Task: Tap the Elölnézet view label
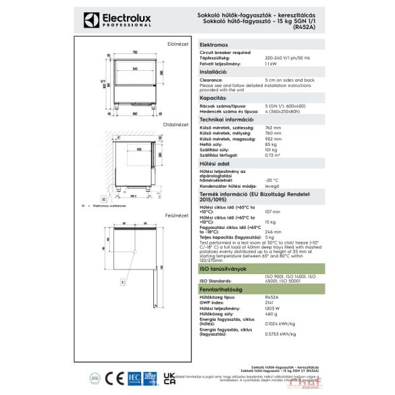tap(178, 43)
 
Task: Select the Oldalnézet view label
tap(177, 125)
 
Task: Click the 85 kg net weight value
tap(271, 144)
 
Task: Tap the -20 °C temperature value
tap(272, 180)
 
